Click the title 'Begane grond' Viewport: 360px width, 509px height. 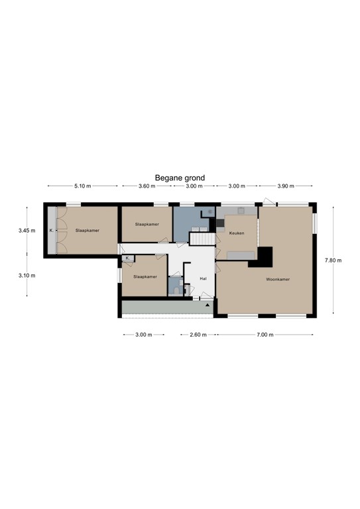[180, 178]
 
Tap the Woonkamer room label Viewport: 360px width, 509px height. [278, 279]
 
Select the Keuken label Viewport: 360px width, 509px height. [237, 233]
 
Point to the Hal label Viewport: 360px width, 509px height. [204, 278]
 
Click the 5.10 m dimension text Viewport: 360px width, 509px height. [82, 186]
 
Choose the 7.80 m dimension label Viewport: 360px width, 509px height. [333, 260]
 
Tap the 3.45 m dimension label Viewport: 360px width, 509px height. [27, 231]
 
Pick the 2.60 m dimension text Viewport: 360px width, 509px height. [198, 335]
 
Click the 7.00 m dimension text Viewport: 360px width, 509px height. [265, 335]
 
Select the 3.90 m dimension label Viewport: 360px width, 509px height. [286, 186]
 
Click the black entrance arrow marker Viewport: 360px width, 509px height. [208, 305]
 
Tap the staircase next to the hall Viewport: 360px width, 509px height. [202, 239]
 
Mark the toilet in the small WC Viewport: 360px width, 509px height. [176, 290]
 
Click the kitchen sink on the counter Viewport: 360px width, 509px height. [241, 211]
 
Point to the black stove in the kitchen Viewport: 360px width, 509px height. [220, 223]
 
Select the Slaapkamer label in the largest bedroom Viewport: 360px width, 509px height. [88, 231]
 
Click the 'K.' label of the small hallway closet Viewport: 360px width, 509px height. [127, 258]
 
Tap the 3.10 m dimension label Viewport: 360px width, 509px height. [27, 276]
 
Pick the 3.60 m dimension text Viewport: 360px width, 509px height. [147, 186]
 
